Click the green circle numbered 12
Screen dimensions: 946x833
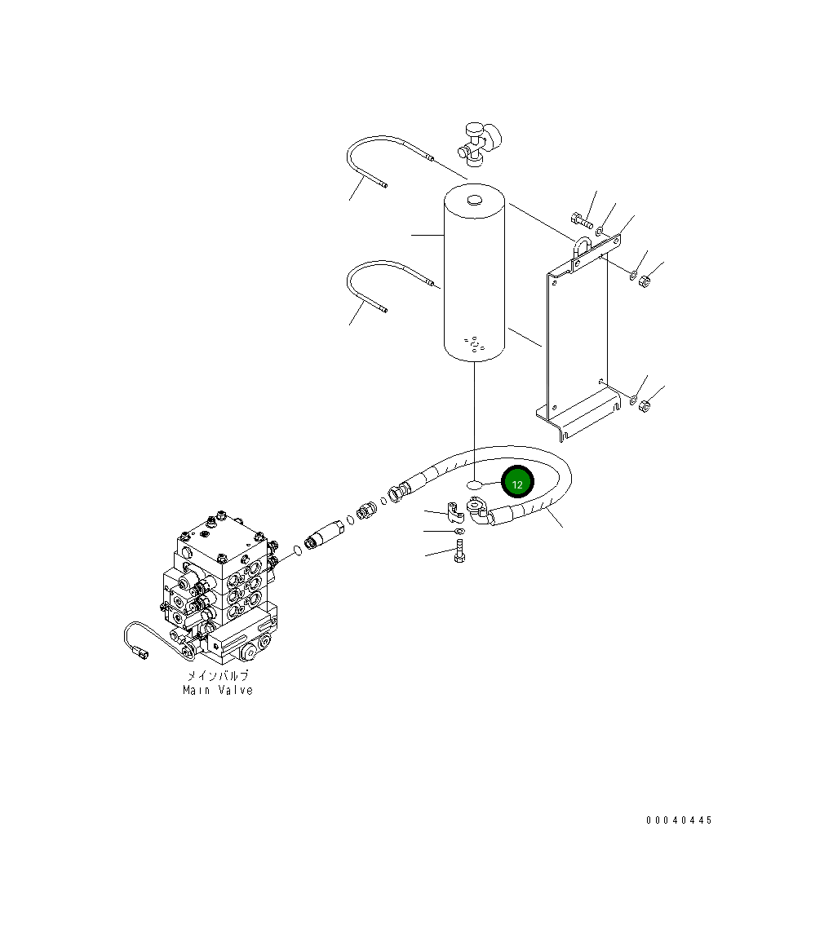click(x=516, y=484)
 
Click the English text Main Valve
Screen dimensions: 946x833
click(x=217, y=691)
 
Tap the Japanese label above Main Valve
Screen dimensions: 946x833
click(x=217, y=676)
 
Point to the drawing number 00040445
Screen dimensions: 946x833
click(x=679, y=820)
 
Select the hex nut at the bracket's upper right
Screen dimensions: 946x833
click(x=643, y=283)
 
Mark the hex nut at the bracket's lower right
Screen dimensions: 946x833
click(x=643, y=405)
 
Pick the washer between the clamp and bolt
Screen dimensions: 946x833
click(x=459, y=533)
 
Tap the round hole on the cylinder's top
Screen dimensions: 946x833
click(x=474, y=201)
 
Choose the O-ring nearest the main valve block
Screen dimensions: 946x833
click(x=296, y=551)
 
